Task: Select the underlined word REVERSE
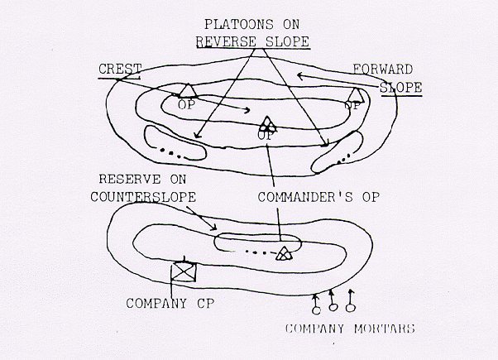pyautogui.click(x=227, y=41)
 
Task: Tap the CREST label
pyautogui.click(x=120, y=69)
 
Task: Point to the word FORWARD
pyautogui.click(x=383, y=69)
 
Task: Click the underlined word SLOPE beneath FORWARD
pyautogui.click(x=401, y=88)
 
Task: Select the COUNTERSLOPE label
pyautogui.click(x=143, y=197)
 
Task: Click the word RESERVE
pyautogui.click(x=130, y=180)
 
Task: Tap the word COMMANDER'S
pyautogui.click(x=305, y=197)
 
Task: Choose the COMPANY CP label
pyautogui.click(x=170, y=303)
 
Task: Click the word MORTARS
pyautogui.click(x=385, y=329)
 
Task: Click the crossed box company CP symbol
pyautogui.click(x=184, y=271)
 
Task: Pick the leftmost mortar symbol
pyautogui.click(x=316, y=305)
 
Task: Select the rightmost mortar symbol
pyautogui.click(x=350, y=300)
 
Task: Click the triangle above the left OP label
pyautogui.click(x=188, y=90)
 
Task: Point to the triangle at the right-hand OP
pyautogui.click(x=356, y=95)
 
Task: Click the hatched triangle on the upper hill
pyautogui.click(x=266, y=125)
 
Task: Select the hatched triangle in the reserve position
pyautogui.click(x=283, y=253)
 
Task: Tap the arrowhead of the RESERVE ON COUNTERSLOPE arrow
pyautogui.click(x=214, y=228)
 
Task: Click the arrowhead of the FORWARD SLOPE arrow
pyautogui.click(x=299, y=75)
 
